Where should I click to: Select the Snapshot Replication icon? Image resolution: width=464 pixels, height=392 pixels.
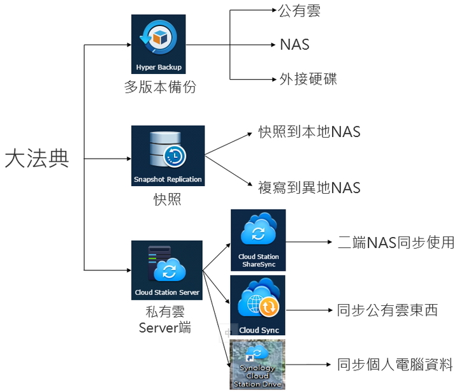coord(168,156)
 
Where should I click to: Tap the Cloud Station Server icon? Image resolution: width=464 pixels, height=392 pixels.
coord(167,270)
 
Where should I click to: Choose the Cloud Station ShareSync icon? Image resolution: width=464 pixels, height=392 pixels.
coord(258,240)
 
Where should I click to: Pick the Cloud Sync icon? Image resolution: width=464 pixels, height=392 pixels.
coord(257,305)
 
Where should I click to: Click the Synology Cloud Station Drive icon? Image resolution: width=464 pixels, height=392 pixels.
coord(257,365)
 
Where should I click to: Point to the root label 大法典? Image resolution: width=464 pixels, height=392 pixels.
coord(36,158)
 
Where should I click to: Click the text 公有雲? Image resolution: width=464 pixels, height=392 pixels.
coord(300,11)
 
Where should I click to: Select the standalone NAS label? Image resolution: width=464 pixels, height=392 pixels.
coord(294,45)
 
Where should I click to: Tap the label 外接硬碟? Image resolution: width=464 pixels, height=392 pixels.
coord(308,79)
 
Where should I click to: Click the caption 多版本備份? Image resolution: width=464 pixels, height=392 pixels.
coord(159,87)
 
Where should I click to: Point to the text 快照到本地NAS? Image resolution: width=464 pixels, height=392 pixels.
coord(309,132)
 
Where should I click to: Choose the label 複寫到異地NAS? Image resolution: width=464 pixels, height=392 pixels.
coord(309,187)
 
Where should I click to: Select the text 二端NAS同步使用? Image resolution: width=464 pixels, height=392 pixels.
coord(395,242)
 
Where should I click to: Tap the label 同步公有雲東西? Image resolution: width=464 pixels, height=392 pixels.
coord(388,310)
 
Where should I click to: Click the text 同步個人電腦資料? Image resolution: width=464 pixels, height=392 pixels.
coord(395,365)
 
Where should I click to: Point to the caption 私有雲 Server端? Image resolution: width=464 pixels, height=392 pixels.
coord(166,319)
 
